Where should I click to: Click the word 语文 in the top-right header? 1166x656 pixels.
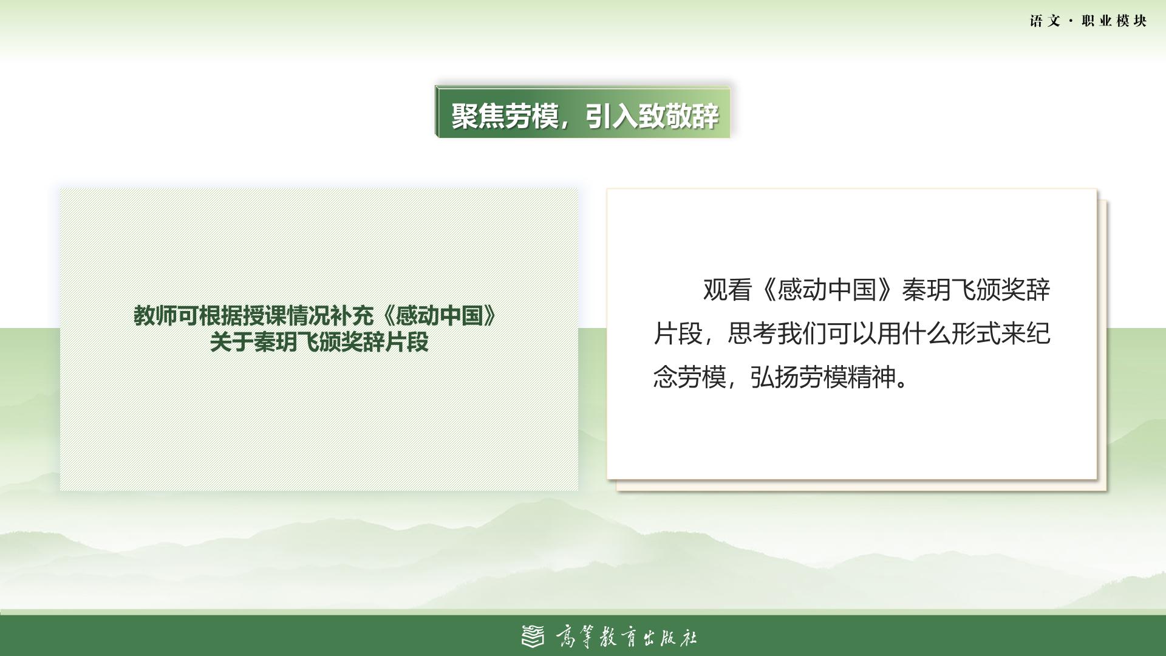(1045, 21)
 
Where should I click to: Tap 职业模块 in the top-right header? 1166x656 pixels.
(1114, 21)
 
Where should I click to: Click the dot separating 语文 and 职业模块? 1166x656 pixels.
(1071, 21)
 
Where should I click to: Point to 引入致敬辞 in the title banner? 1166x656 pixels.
(652, 115)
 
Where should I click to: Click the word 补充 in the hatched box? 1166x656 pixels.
(352, 316)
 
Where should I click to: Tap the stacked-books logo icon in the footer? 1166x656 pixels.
(533, 637)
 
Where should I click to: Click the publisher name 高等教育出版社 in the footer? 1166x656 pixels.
(626, 637)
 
